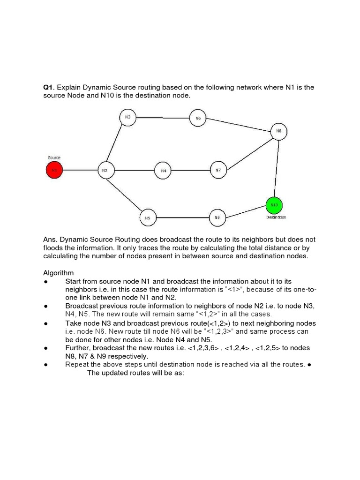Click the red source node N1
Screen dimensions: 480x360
coord(54,170)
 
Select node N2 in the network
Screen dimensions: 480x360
coord(105,170)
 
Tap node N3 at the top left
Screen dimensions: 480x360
coord(127,117)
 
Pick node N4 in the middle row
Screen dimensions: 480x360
coord(163,171)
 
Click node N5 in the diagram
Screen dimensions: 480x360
coord(148,217)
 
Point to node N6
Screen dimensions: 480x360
coord(198,118)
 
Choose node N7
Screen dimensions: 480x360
coord(218,170)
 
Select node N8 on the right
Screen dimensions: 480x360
coord(279,132)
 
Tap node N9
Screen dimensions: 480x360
coord(217,217)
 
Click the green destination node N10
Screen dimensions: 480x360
coord(274,205)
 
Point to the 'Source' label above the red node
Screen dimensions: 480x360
coord(54,158)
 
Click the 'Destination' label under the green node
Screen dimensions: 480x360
coord(276,217)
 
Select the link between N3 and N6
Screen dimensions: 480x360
coord(163,118)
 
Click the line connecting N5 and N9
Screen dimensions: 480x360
coord(182,217)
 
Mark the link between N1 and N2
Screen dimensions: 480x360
coord(80,170)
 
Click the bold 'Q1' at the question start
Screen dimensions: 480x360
coord(47,88)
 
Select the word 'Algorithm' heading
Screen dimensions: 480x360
coord(59,273)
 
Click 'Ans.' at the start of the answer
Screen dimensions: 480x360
coord(50,239)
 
